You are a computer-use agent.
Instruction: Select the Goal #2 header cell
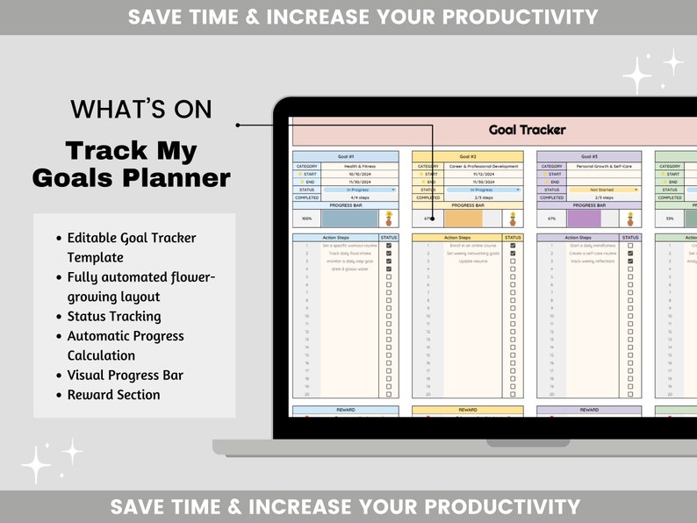pos(467,156)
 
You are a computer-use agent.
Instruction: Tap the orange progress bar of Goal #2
pos(463,219)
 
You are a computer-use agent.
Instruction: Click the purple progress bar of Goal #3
pos(584,219)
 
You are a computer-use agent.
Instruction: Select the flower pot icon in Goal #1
pos(389,219)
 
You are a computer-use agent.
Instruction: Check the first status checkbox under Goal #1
pos(389,247)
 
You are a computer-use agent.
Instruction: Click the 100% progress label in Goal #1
pos(306,219)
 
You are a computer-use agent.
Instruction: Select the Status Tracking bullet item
pos(114,317)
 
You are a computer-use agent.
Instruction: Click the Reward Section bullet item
pos(114,395)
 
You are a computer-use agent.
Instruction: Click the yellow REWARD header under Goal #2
pos(467,410)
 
